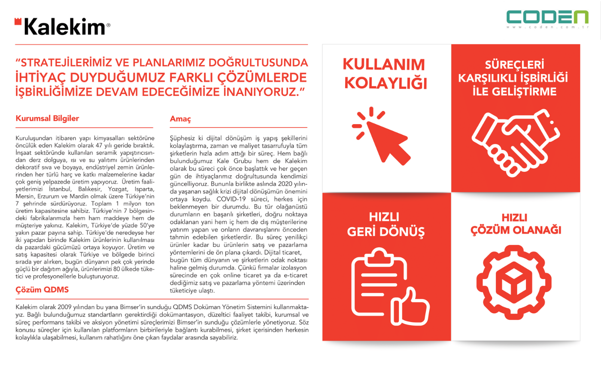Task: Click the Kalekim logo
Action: (63, 27)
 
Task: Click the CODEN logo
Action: (547, 17)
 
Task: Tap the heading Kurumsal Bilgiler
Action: (47, 119)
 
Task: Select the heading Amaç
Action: (180, 119)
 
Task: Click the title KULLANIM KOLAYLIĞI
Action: (386, 74)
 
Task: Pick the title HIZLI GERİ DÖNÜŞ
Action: (386, 224)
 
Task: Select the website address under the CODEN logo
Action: (547, 28)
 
